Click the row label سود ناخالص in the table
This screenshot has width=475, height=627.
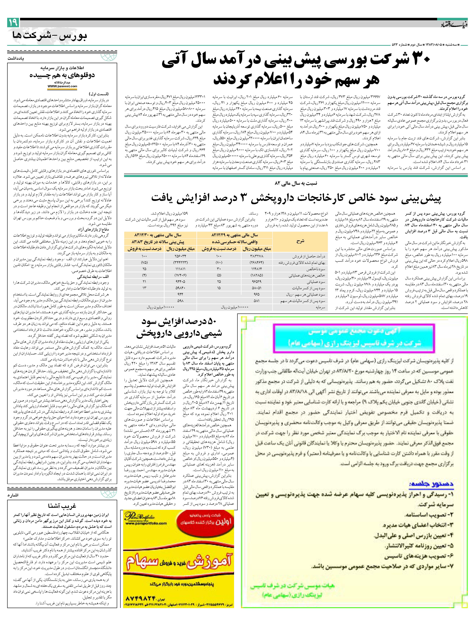click(x=317, y=269)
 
